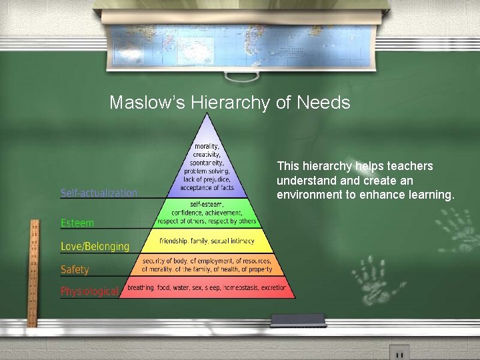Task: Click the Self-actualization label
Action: pyautogui.click(x=99, y=193)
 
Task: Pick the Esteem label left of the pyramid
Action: pyautogui.click(x=77, y=223)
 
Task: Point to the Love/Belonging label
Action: pyautogui.click(x=95, y=247)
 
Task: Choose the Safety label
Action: pyautogui.click(x=75, y=270)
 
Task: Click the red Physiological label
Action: pyautogui.click(x=89, y=291)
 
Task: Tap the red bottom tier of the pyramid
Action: pyautogui.click(x=207, y=289)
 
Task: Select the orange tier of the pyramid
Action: pyautogui.click(x=207, y=265)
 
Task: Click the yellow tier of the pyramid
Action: pyautogui.click(x=207, y=240)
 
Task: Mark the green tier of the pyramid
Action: pyautogui.click(x=207, y=213)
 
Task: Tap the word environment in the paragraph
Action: pyautogui.click(x=309, y=195)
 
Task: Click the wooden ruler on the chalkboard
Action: pyautogui.click(x=32, y=273)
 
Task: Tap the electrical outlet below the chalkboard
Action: pyautogui.click(x=399, y=352)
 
